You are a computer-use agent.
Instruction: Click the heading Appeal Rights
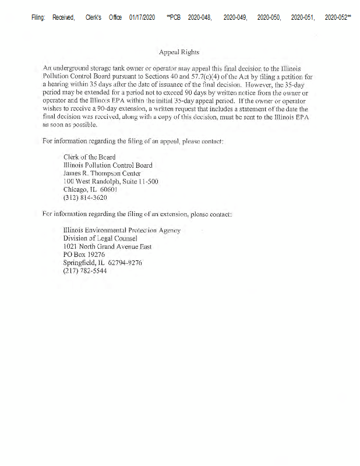[179, 52]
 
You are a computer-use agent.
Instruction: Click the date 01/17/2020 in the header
[142, 18]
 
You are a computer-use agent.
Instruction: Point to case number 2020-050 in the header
[269, 18]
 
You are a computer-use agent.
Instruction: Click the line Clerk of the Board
[89, 157]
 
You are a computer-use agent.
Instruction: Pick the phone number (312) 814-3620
[85, 197]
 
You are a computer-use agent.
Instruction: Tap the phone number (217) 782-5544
[85, 271]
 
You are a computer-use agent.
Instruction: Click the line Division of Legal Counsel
[100, 238]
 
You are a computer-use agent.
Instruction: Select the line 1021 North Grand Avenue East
[107, 246]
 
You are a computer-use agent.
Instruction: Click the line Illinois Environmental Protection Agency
[122, 230]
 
